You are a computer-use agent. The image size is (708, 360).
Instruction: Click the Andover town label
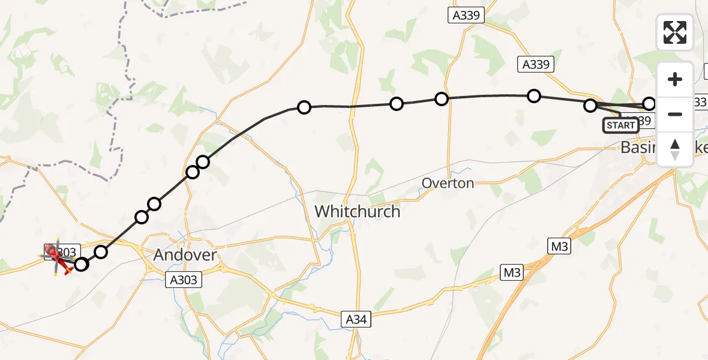184,255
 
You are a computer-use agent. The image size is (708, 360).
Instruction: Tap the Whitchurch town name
357,211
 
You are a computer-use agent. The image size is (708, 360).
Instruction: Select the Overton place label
448,183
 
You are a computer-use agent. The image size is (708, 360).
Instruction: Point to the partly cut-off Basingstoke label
657,147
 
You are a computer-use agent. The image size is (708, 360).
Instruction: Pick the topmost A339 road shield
466,16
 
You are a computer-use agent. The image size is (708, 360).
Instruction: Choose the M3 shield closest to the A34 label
512,273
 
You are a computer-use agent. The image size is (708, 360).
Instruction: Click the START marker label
620,125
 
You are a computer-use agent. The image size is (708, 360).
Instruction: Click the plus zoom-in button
675,79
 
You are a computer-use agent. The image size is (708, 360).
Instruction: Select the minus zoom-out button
675,114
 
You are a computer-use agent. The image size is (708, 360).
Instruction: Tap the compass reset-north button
675,149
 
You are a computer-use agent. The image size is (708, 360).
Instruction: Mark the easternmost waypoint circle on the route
649,104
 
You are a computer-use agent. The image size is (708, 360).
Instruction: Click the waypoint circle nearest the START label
590,106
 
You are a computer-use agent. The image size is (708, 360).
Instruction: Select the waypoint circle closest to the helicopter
80,264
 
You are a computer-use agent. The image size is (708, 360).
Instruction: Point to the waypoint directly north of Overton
442,99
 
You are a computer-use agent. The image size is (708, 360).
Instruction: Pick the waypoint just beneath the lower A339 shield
533,96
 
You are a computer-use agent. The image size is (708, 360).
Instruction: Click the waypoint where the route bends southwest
304,107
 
